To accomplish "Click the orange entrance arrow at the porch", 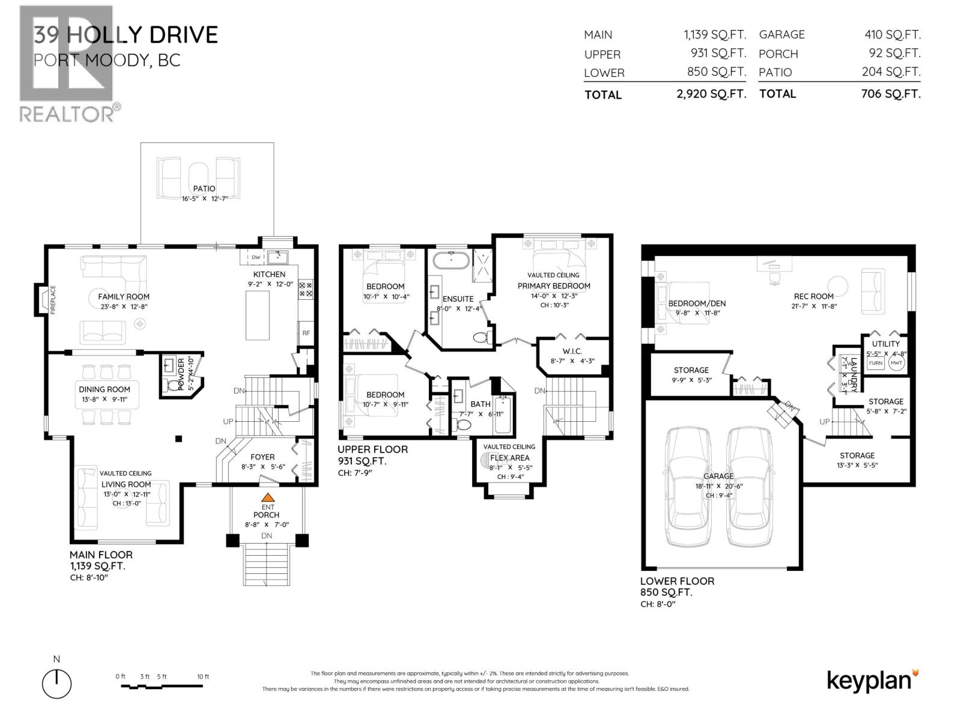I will tap(267, 497).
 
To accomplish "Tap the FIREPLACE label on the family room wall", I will tap(53, 299).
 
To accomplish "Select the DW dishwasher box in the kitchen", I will tap(256, 257).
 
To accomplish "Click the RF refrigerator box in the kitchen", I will tap(306, 332).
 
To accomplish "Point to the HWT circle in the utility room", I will tap(896, 363).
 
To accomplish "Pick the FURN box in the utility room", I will tap(876, 363).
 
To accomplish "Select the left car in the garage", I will tap(689, 487).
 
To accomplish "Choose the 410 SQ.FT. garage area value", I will tap(892, 35).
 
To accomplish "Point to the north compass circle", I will tap(57, 684).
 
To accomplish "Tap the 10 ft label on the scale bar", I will tap(203, 677).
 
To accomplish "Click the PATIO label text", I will tap(204, 189).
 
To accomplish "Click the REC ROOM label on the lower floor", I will tap(813, 296).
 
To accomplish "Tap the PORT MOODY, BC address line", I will tap(107, 60).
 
